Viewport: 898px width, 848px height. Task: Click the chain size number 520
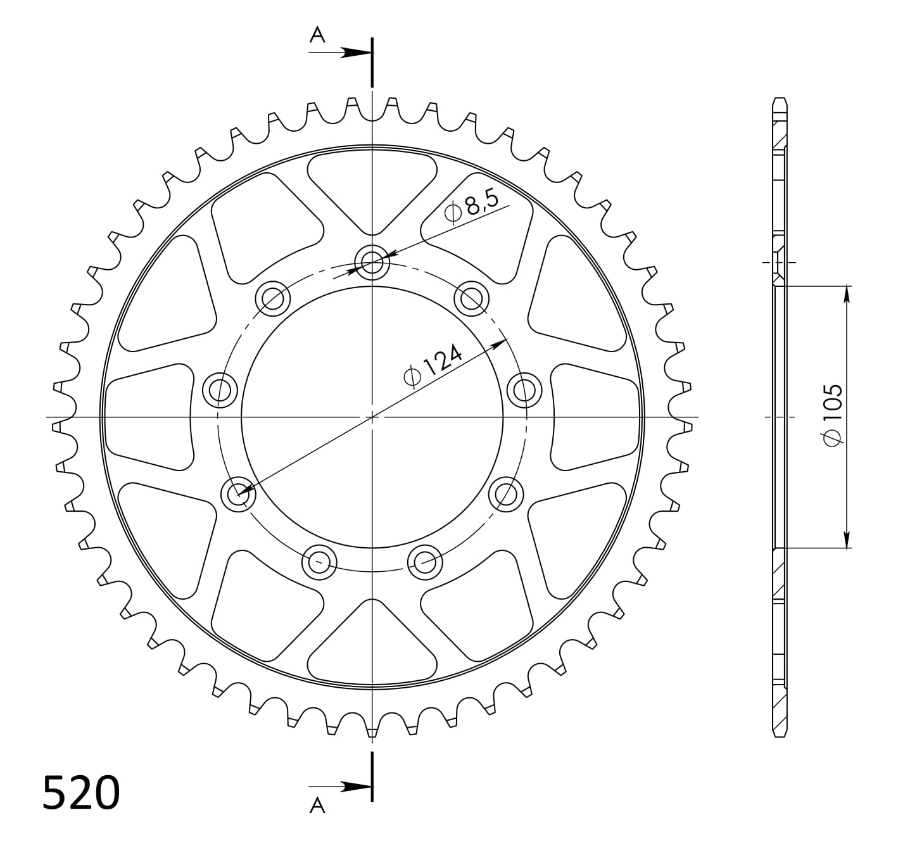(x=81, y=792)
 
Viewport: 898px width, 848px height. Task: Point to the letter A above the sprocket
(x=317, y=36)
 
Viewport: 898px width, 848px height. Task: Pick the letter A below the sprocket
(x=317, y=805)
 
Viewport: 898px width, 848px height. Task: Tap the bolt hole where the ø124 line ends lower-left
(x=239, y=493)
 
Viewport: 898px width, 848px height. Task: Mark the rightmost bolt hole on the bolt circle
(x=524, y=390)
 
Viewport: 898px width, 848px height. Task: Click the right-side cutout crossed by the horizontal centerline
(x=595, y=417)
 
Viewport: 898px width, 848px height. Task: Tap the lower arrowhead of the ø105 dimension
(x=846, y=540)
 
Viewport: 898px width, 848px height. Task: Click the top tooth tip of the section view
(x=780, y=99)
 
